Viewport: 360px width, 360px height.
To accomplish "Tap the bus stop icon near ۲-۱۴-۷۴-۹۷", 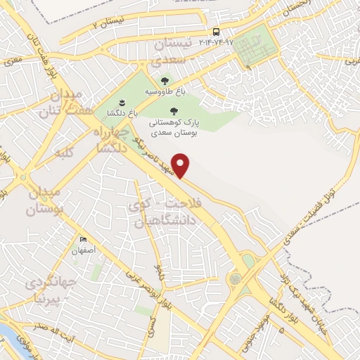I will pos(215,32).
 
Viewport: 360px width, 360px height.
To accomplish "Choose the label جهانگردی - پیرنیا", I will pos(51,290).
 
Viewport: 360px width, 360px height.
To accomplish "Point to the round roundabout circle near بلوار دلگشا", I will pos(233,279).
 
